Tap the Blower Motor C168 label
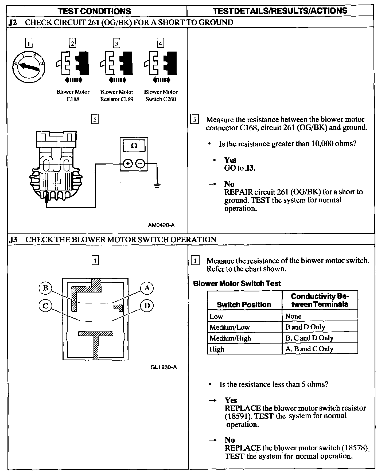tap(73, 96)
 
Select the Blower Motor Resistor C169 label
tap(117, 96)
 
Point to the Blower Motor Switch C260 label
tap(161, 96)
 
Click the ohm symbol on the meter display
tap(134, 146)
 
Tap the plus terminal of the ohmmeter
tap(128, 163)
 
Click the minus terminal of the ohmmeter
tap(141, 163)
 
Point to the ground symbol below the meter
tap(157, 185)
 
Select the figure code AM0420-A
tap(161, 225)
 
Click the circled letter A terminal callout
tap(147, 288)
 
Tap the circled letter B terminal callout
tap(45, 288)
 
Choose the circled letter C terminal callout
tap(45, 306)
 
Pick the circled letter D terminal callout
tap(147, 306)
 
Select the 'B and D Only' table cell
tap(305, 327)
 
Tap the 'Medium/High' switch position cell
tap(230, 338)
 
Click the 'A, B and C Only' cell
tap(309, 349)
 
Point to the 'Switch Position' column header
tap(244, 305)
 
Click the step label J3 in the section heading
tap(13, 240)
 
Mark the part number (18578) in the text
tap(355, 448)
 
